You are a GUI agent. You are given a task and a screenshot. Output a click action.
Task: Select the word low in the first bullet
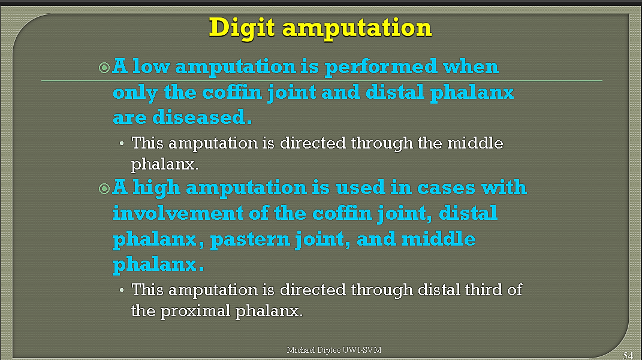point(151,66)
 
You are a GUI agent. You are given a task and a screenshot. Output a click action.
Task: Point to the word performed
point(381,67)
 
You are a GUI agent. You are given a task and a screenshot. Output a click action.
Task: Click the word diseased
point(202,117)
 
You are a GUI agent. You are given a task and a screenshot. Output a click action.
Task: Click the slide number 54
point(628,355)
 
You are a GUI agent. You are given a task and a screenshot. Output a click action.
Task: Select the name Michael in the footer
point(301,350)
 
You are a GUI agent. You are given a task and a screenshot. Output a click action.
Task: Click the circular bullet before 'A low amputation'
point(104,68)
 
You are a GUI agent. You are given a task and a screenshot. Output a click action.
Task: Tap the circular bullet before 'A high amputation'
point(104,189)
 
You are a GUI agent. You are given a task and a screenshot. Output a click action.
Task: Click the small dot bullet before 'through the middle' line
point(122,144)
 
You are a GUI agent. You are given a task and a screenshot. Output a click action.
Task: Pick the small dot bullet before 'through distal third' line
point(122,290)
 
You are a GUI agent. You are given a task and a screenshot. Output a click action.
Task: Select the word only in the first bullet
point(135,92)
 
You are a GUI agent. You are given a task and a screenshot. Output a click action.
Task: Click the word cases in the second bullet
point(446,188)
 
